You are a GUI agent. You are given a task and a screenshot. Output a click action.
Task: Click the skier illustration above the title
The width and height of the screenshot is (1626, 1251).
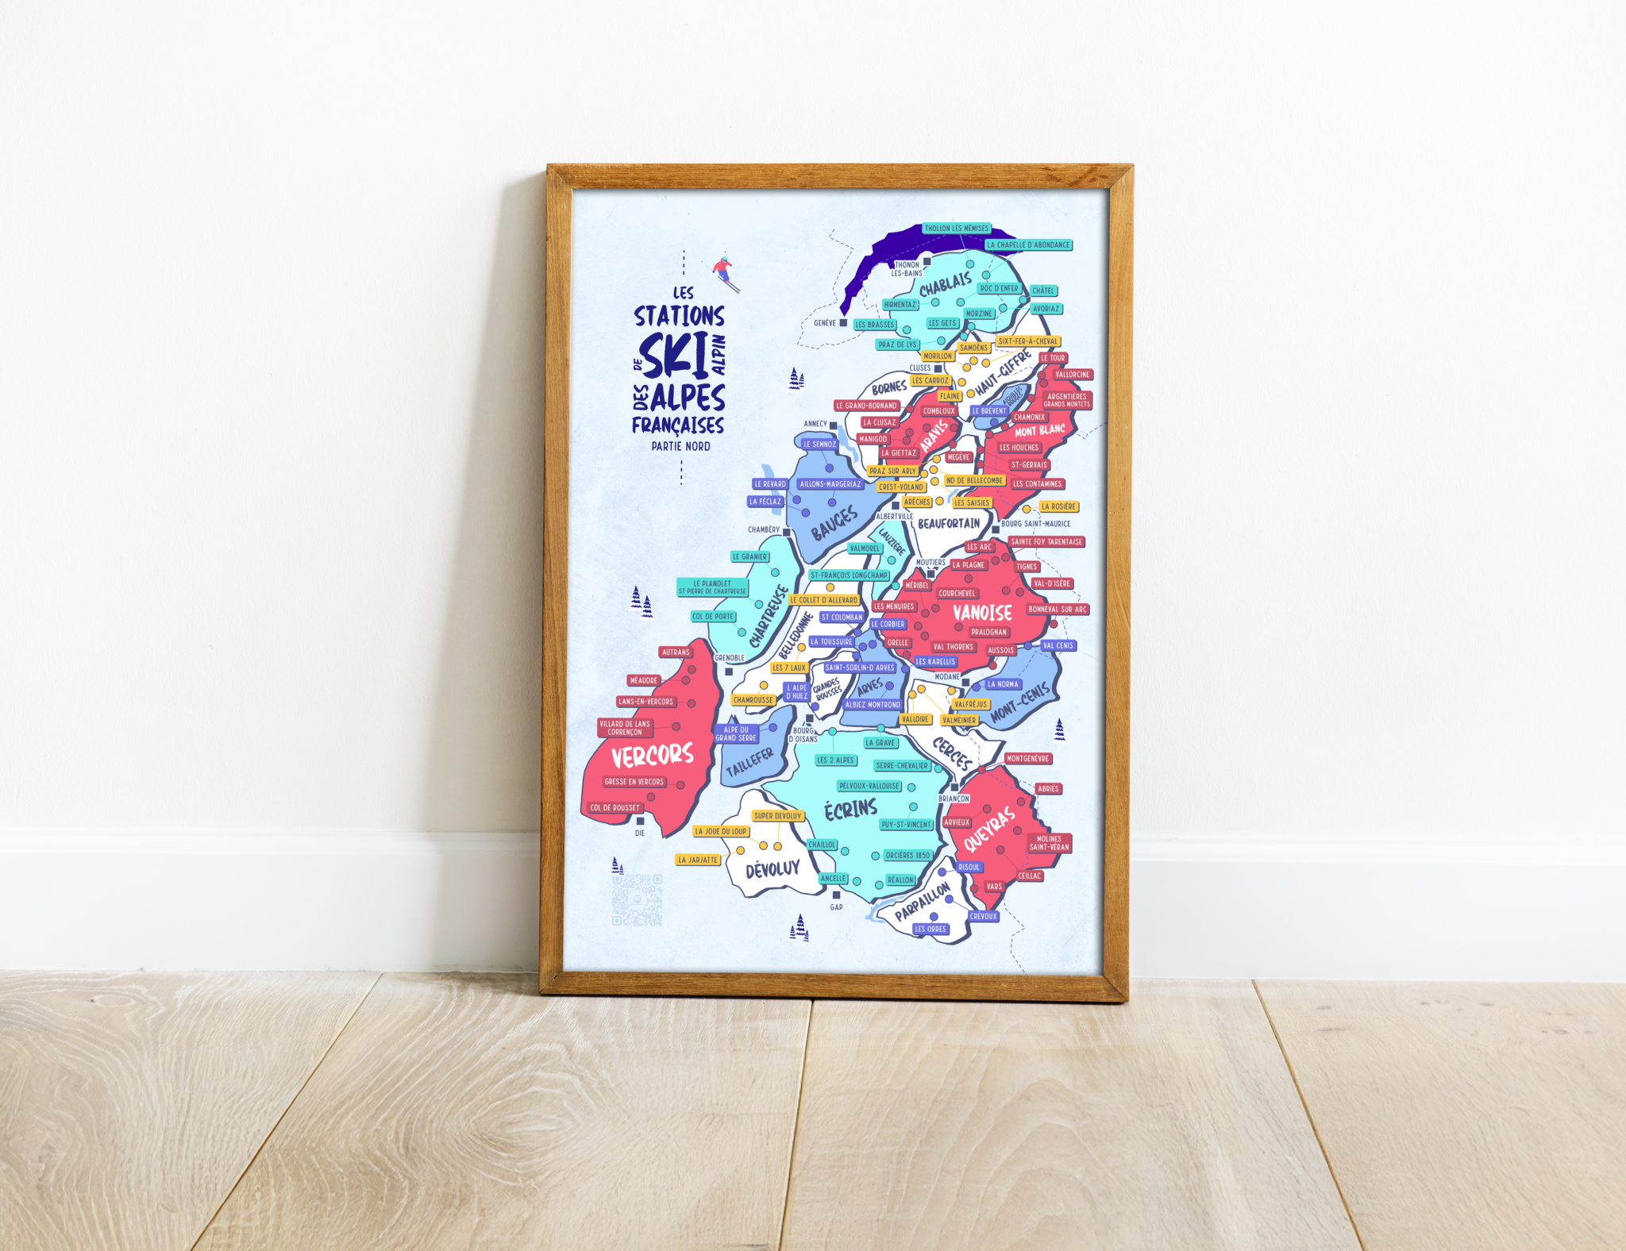(x=723, y=271)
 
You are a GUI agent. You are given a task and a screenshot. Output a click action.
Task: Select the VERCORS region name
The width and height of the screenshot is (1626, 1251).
(x=652, y=755)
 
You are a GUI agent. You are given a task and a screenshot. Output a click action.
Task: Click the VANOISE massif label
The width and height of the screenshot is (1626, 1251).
(x=982, y=613)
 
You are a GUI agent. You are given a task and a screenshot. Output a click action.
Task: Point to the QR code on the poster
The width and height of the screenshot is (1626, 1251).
(x=637, y=900)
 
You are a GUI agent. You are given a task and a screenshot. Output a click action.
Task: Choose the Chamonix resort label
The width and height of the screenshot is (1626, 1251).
(x=1029, y=417)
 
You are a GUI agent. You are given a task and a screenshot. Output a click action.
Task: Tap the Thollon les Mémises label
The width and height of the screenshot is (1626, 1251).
(x=956, y=229)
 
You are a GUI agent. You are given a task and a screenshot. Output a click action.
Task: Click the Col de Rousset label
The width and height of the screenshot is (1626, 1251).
(x=615, y=808)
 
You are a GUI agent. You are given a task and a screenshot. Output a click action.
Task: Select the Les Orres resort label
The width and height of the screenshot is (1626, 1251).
(x=930, y=929)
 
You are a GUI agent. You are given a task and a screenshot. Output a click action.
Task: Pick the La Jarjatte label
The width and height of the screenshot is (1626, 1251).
(x=698, y=860)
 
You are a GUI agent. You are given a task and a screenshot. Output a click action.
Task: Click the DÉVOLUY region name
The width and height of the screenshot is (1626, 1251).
(x=773, y=869)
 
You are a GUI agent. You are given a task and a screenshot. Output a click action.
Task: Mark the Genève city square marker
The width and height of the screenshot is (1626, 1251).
(x=843, y=323)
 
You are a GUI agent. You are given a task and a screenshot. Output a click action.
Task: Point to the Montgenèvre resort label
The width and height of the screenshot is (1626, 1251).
(x=1027, y=759)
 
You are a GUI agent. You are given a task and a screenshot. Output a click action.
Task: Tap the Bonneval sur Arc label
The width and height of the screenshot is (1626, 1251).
(x=1058, y=610)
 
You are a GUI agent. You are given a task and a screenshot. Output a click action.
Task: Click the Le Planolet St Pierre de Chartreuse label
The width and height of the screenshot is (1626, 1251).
(x=712, y=587)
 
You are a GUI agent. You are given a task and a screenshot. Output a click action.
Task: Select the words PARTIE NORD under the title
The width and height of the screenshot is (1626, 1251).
(x=680, y=447)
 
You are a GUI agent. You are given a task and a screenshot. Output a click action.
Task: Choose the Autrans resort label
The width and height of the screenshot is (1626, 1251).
(x=676, y=652)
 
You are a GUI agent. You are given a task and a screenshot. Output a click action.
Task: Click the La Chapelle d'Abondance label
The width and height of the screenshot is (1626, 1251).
(x=1028, y=245)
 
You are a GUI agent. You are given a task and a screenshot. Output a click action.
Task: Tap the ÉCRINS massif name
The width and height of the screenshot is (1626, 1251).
(x=850, y=810)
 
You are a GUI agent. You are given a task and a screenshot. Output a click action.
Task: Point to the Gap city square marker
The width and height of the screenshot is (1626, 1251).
(x=836, y=895)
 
